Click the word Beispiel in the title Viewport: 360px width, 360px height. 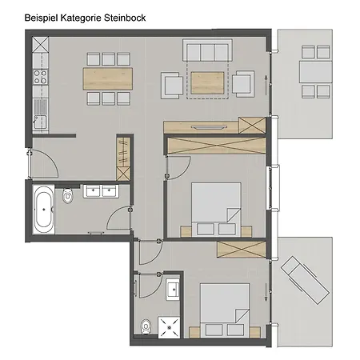point(44,15)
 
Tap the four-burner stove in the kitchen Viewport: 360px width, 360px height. point(38,78)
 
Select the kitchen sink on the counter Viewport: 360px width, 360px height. point(38,122)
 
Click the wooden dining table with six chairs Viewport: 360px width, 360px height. point(106,78)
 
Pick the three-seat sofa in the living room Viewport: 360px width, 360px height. point(207,52)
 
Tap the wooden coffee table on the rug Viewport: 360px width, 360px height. point(207,82)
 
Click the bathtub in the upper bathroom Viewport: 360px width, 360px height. point(42,210)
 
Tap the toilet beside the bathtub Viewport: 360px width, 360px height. point(70,195)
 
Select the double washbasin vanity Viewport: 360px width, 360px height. point(100,191)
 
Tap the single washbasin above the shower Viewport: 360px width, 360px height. point(174,289)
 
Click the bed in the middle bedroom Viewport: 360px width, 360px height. point(216,205)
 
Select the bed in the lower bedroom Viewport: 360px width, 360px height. point(225,309)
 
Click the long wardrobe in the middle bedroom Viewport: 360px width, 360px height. point(214,146)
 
